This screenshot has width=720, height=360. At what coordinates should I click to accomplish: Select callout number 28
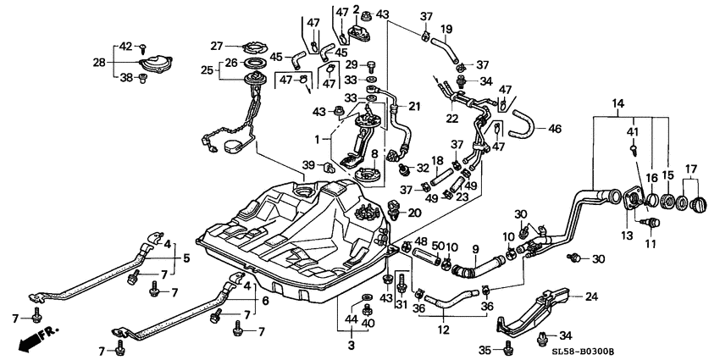click(x=98, y=62)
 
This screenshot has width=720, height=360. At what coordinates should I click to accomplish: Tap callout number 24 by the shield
click(x=591, y=296)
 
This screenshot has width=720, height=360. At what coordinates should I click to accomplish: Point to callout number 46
click(x=555, y=130)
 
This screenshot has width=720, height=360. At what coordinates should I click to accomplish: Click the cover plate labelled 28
click(x=155, y=62)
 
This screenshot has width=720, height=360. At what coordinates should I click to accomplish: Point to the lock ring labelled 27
click(x=252, y=46)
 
